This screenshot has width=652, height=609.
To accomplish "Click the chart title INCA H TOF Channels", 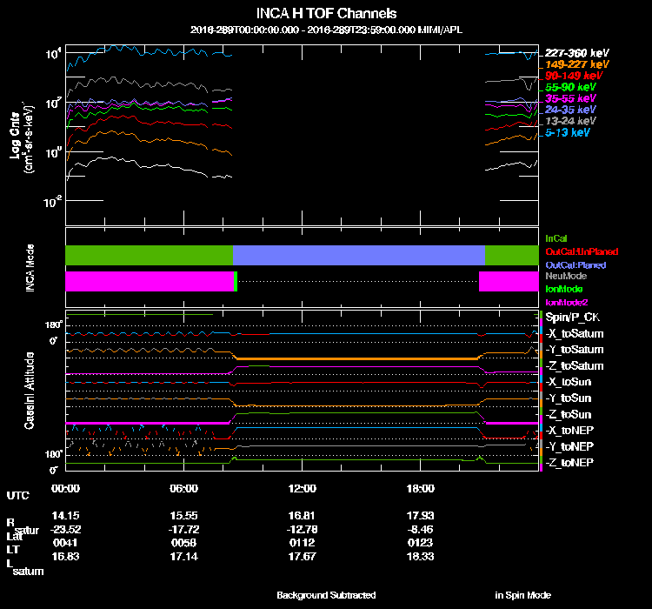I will point(326,14).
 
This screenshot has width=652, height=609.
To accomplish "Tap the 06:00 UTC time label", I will point(184,488).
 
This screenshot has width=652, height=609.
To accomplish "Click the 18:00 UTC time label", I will point(421,488).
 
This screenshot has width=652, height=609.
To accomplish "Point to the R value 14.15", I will point(65,515).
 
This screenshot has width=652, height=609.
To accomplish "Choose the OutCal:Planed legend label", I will point(575,264).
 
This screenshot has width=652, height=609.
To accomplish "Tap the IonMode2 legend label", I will point(563,301).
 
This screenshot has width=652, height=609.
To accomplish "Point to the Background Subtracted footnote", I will point(326,595).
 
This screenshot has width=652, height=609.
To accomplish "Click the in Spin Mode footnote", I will point(522,595).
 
